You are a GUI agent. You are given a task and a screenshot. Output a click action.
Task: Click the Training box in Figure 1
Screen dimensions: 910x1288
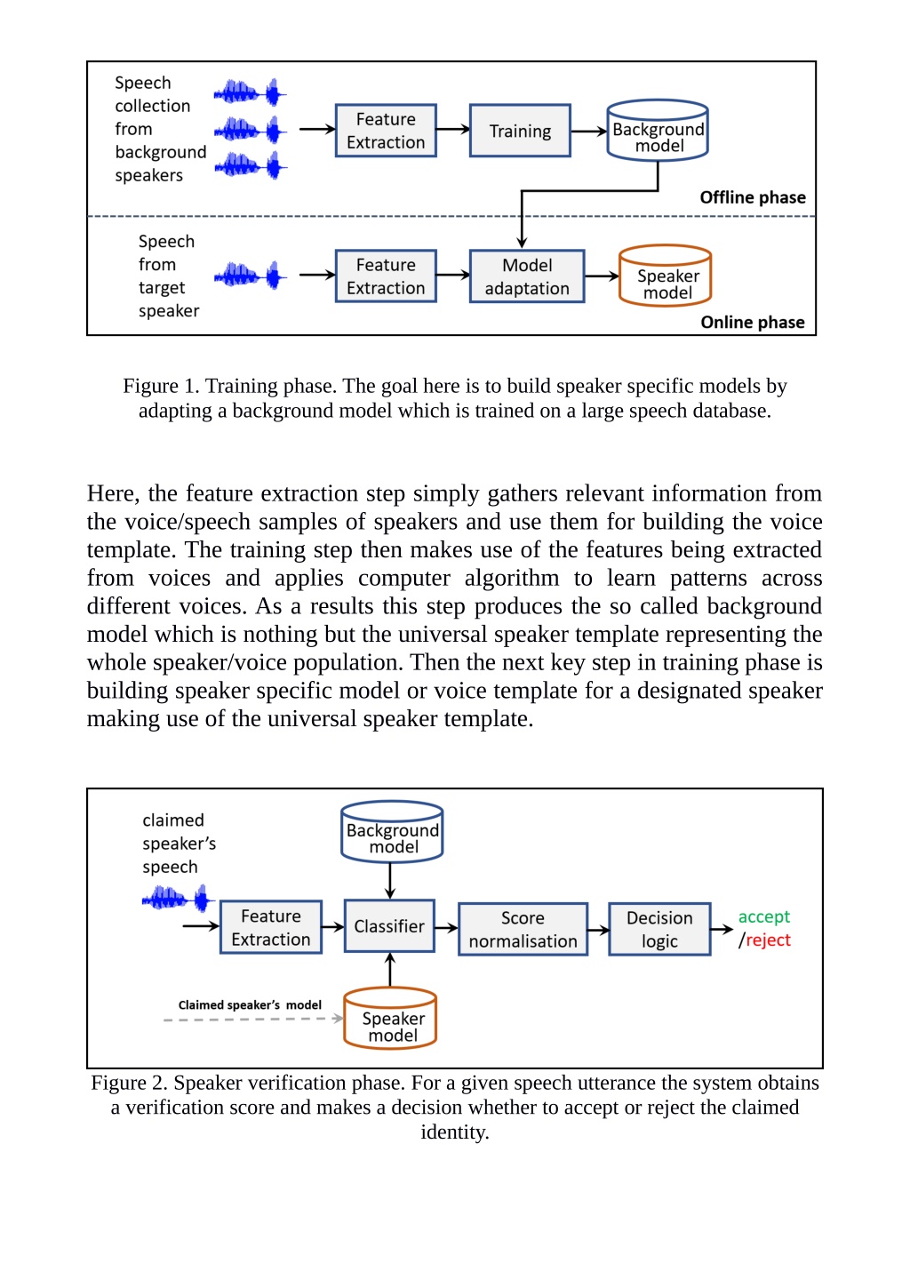[520, 131]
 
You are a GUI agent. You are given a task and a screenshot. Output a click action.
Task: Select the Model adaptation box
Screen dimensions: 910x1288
[527, 276]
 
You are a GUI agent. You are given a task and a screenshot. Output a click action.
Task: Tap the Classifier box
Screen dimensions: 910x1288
[389, 925]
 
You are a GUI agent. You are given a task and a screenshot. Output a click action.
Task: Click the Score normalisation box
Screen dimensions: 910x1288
[523, 929]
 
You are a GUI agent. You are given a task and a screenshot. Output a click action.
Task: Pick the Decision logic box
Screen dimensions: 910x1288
[659, 929]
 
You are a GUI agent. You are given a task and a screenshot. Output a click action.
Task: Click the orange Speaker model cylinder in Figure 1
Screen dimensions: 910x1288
[665, 276]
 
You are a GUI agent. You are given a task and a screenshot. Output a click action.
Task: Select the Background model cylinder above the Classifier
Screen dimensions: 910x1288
[392, 831]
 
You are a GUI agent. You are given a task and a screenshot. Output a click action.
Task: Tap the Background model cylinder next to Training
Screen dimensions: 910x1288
[658, 130]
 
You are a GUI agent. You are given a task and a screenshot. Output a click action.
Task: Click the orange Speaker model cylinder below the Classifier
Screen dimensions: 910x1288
[390, 1019]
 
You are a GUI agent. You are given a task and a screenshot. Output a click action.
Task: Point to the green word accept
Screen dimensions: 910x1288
[764, 916]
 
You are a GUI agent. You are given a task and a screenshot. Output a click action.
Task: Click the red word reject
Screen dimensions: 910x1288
[768, 940]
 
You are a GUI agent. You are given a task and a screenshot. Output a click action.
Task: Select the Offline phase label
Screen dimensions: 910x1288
[753, 197]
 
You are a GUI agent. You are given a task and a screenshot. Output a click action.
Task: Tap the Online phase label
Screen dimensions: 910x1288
[753, 322]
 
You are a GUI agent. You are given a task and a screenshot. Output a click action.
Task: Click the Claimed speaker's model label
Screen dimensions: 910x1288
[250, 1004]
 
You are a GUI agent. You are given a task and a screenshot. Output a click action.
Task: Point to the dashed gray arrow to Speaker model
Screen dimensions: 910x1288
[253, 1019]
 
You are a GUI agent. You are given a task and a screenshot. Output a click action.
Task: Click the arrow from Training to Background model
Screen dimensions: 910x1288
[588, 131]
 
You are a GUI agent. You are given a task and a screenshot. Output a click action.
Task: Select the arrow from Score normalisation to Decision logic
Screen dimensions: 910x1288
[598, 929]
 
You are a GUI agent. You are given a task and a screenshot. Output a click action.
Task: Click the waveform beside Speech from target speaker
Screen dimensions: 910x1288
[250, 276]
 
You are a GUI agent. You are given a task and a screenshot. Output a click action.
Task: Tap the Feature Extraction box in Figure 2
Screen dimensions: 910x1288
[271, 927]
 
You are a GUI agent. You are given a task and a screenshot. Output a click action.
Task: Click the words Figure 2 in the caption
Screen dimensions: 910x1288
[128, 1084]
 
